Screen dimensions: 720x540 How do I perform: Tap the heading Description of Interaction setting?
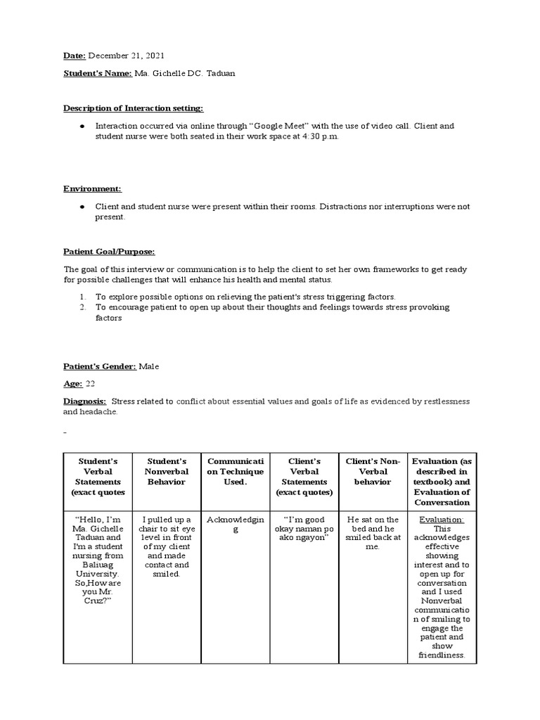(x=134, y=108)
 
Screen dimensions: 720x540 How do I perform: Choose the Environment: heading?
(x=92, y=188)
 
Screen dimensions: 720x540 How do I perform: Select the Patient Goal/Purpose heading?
(x=109, y=251)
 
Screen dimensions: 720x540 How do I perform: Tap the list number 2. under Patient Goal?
(x=82, y=307)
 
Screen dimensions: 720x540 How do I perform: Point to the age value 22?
(x=89, y=383)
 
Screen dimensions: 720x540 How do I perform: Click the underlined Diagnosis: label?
(x=85, y=401)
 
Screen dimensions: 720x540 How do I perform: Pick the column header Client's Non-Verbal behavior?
(x=373, y=471)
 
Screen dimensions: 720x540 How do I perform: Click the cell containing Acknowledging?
(x=234, y=524)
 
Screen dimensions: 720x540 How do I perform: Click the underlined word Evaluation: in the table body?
(x=441, y=519)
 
